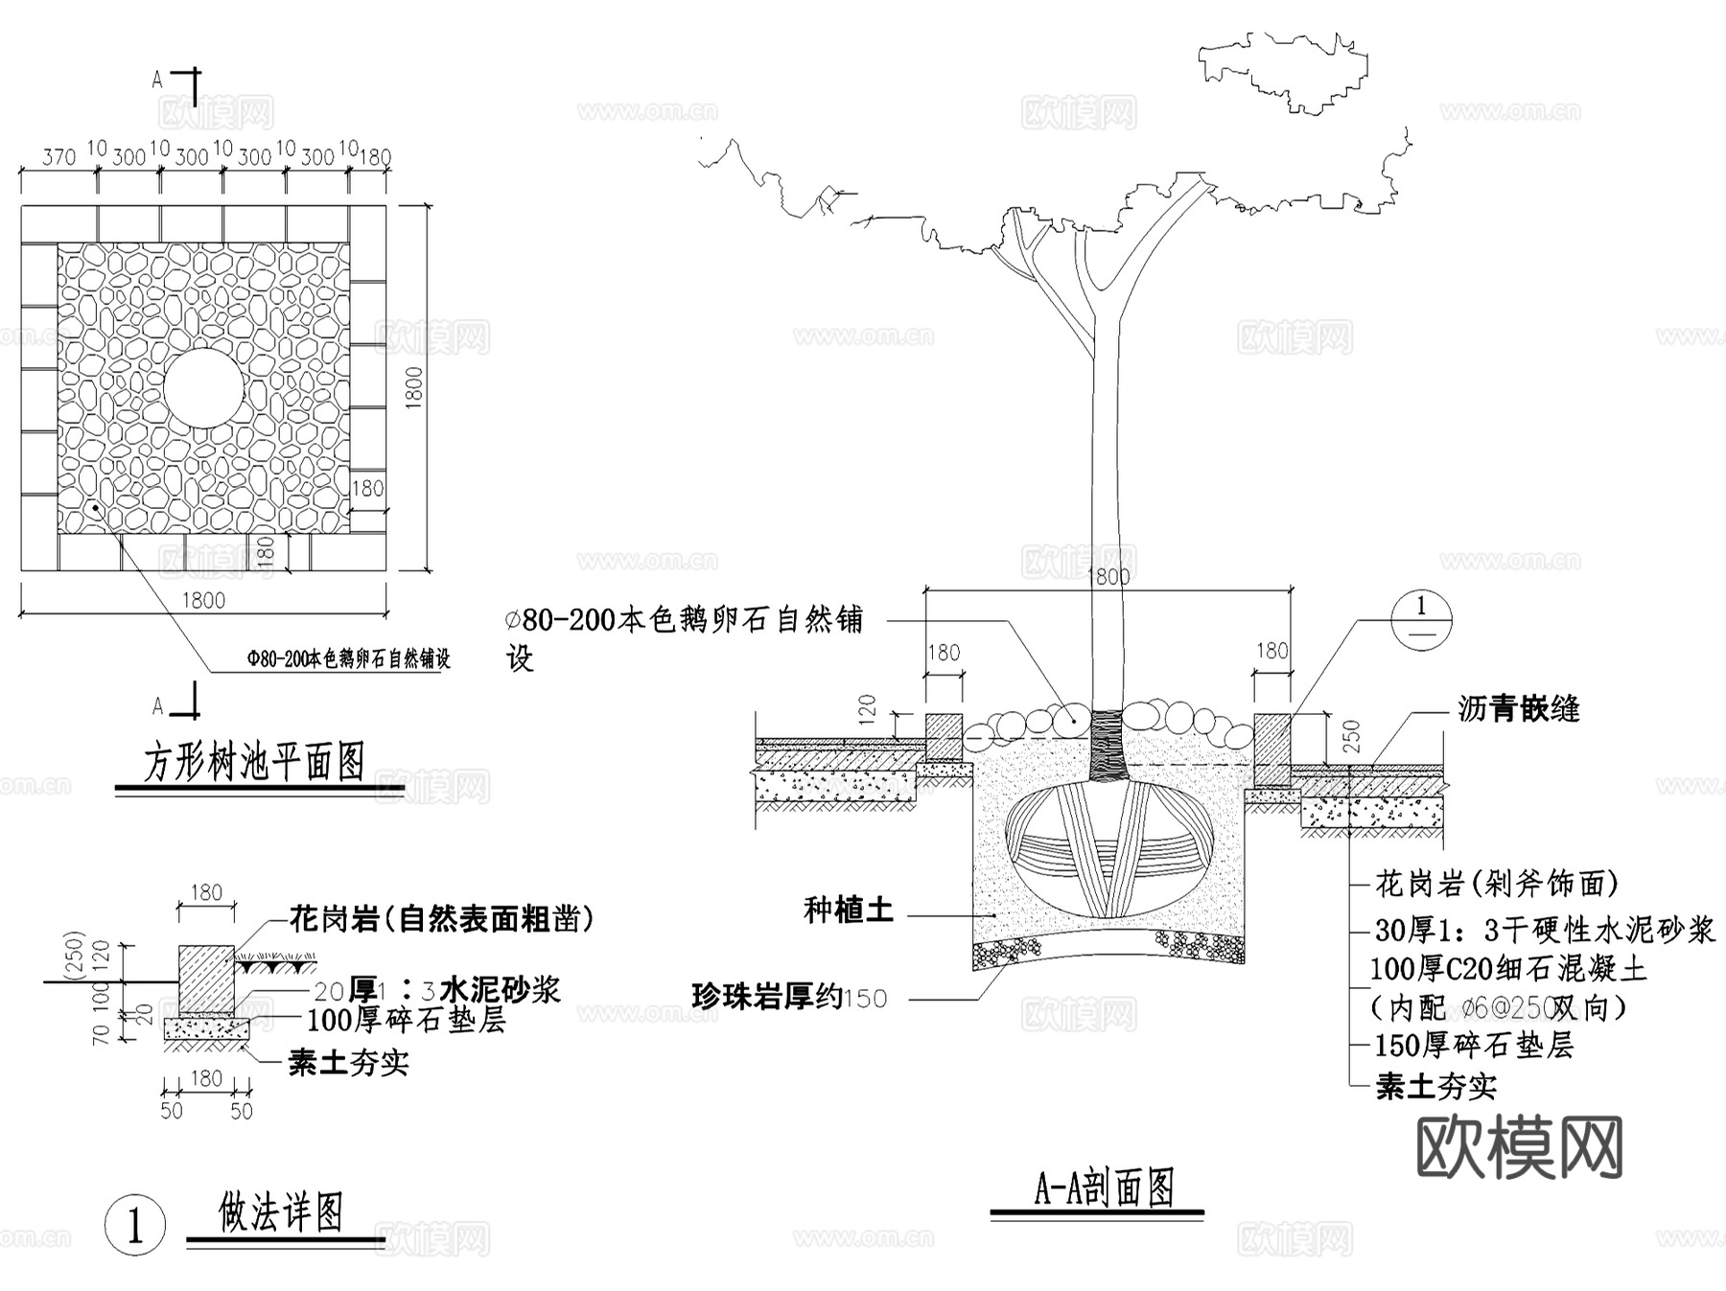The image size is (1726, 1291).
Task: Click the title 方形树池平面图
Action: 254,762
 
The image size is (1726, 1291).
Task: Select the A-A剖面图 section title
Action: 1105,1189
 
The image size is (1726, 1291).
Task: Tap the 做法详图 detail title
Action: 281,1213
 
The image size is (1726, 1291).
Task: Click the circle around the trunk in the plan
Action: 203,388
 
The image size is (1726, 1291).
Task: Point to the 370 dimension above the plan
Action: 59,155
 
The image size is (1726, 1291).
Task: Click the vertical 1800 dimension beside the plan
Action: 414,388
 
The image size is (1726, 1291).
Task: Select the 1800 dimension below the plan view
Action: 203,600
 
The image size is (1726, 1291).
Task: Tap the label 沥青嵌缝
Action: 1519,709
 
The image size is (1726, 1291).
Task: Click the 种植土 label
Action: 849,911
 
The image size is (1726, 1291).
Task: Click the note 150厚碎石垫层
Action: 1474,1046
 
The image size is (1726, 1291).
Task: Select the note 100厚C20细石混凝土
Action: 1508,969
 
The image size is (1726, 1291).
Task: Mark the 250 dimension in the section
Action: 1352,736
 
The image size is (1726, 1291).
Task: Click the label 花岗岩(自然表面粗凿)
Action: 442,920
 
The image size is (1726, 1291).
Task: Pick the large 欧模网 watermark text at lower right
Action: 1520,1147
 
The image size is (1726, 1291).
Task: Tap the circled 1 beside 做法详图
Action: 134,1226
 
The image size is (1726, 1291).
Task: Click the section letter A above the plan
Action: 158,81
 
